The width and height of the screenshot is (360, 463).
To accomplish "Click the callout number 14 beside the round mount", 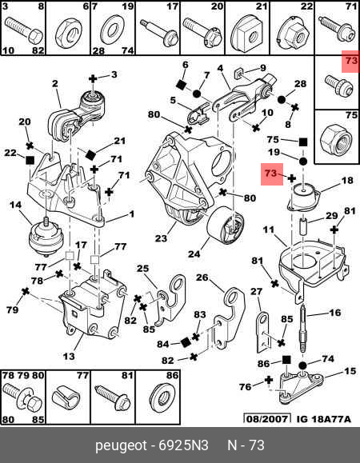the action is tap(15, 205).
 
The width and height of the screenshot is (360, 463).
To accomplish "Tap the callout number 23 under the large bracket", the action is tap(161, 237).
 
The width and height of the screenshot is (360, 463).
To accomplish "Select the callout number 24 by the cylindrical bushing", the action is tap(194, 253).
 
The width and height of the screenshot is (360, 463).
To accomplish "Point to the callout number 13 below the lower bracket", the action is tap(69, 356).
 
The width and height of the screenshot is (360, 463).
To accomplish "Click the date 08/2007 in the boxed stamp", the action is tap(267, 419).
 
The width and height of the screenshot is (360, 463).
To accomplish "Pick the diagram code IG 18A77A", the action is tap(324, 419).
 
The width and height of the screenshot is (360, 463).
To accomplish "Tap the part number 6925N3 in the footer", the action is tap(183, 445).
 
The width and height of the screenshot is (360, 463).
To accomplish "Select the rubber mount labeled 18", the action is tap(304, 198).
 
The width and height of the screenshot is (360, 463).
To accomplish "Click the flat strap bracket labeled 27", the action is tap(264, 333).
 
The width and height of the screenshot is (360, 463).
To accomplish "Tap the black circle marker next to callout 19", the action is tap(303, 162).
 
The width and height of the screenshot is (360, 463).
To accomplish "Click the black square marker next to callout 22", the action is tap(30, 161).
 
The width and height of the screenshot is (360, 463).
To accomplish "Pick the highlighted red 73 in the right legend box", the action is tap(351, 61).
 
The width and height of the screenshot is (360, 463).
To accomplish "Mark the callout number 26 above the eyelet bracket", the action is tap(202, 277).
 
